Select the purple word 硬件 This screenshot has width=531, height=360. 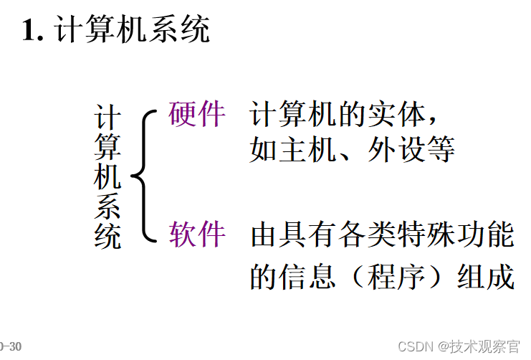pos(197,113)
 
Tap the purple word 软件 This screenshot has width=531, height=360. pos(197,234)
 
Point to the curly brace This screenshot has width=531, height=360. pos(142,174)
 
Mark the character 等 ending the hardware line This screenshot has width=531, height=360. pos(441,150)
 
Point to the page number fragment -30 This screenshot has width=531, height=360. pos(11,347)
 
